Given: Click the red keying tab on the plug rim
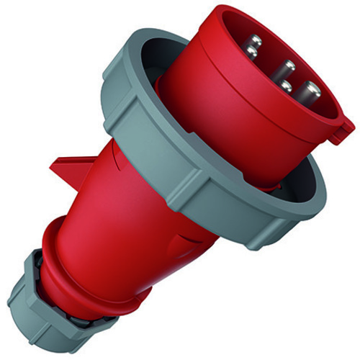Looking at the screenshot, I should [343, 130].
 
